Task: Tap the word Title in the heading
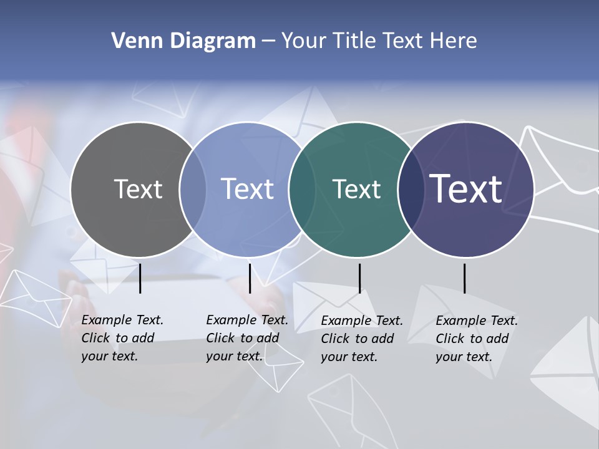pyautogui.click(x=354, y=41)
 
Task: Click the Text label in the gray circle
pyautogui.click(x=138, y=189)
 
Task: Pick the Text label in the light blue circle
pyautogui.click(x=247, y=189)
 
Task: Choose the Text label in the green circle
pyautogui.click(x=356, y=189)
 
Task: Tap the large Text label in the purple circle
pyautogui.click(x=466, y=188)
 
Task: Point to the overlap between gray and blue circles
pyautogui.click(x=193, y=190)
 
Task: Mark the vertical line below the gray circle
pyautogui.click(x=140, y=278)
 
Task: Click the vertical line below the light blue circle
pyautogui.click(x=250, y=278)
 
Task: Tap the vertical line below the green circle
pyautogui.click(x=359, y=278)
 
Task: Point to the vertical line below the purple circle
pyautogui.click(x=464, y=278)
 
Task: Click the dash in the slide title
pyautogui.click(x=268, y=42)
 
